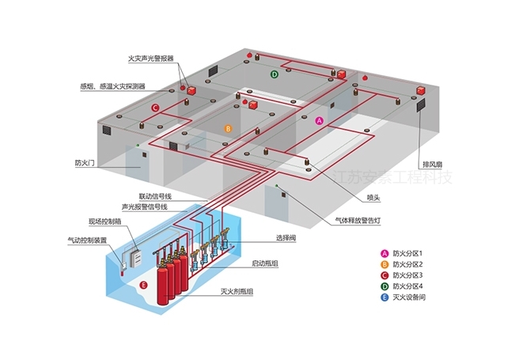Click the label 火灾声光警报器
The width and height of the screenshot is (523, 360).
coord(151,59)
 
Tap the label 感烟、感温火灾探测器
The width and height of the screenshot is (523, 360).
coord(113,86)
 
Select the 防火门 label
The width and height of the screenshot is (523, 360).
coord(85,163)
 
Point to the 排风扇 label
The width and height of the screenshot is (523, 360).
coord(432,164)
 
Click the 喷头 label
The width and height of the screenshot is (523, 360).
coord(373,198)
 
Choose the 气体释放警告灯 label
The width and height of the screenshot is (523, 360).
coord(358,221)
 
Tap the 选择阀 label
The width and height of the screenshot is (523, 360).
coord(286,238)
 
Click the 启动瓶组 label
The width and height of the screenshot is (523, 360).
coord(265,263)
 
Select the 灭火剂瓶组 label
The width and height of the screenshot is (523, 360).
coord(237,291)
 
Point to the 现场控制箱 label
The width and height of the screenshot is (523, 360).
coord(104,222)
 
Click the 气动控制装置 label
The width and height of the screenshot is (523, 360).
coord(87,240)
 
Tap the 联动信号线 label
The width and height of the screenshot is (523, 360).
coord(155,196)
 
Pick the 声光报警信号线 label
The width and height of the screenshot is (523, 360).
coord(145,207)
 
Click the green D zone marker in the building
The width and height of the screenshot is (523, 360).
coord(275,74)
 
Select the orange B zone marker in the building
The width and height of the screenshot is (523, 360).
coord(228,128)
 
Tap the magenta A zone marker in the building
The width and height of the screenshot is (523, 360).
coord(320,121)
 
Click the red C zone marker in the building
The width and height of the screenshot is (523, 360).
coord(155,108)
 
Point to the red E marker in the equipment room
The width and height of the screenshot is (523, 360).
coord(143,285)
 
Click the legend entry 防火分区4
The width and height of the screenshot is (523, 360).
coord(402,286)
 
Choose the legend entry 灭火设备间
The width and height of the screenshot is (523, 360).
coord(404,297)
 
